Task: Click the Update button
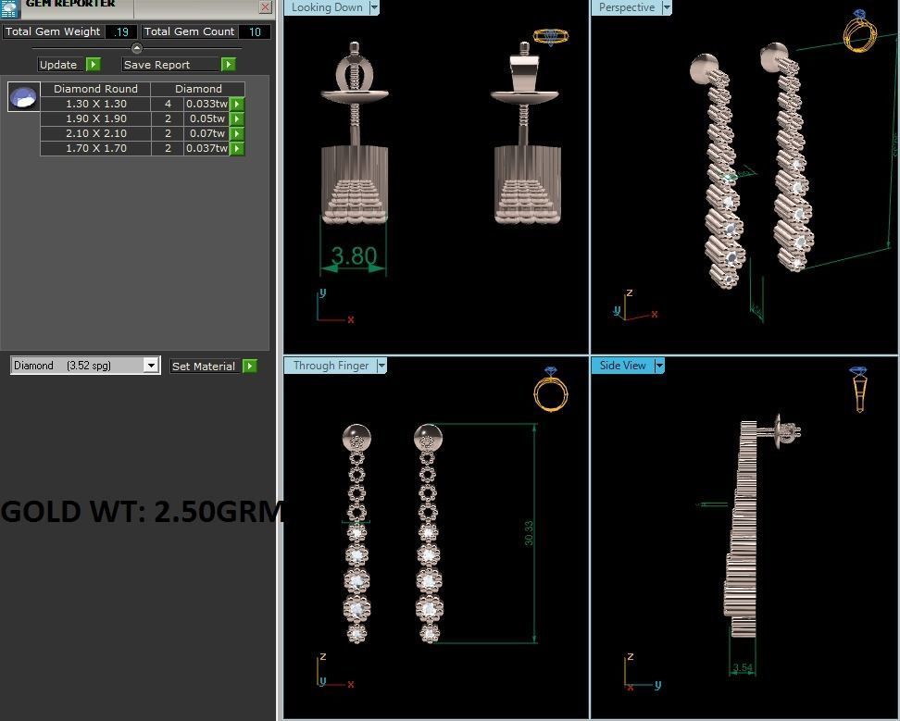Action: point(58,65)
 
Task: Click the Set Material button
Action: point(204,367)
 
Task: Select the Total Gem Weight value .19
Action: point(121,31)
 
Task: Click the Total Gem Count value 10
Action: point(254,31)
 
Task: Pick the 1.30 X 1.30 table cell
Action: point(95,104)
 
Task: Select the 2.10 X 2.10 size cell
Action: point(95,133)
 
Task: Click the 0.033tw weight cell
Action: point(206,104)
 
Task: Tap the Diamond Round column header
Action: point(95,89)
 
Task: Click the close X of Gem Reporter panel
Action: point(265,6)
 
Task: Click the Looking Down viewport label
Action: point(327,7)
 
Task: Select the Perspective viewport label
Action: point(626,7)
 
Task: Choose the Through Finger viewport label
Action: point(331,366)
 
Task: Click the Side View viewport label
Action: point(622,366)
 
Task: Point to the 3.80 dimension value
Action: point(354,255)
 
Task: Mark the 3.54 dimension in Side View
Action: point(742,667)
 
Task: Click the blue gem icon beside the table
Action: point(23,96)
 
